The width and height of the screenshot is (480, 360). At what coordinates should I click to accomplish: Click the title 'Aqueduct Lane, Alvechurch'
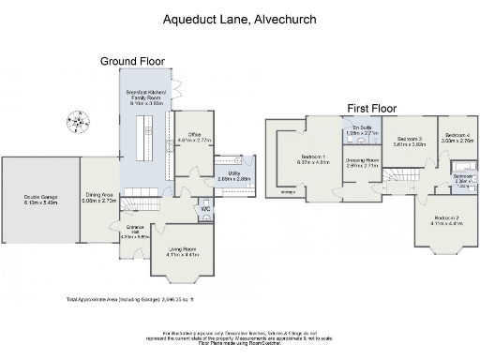(239, 18)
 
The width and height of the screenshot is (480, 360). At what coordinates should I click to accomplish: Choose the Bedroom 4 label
(457, 137)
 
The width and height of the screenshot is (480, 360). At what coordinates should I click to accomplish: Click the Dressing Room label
(361, 162)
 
